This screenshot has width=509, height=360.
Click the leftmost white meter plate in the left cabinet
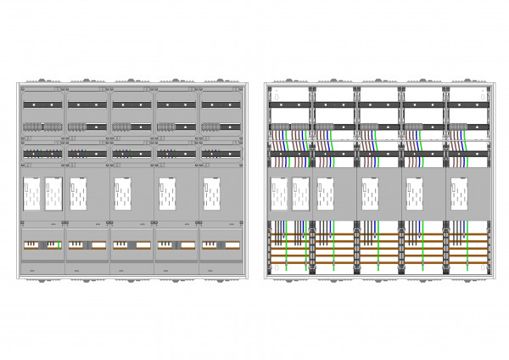click(32, 194)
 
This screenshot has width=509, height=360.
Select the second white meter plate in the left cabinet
click(53, 194)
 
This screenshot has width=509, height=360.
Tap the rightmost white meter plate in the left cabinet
click(211, 194)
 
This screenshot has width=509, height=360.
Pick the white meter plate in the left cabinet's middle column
click(123, 194)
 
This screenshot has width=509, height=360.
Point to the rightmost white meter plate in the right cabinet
click(459, 194)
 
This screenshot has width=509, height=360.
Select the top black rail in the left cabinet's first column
click(42, 104)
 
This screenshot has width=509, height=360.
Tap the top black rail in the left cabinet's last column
click(222, 104)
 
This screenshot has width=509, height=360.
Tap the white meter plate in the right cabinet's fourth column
click(415, 194)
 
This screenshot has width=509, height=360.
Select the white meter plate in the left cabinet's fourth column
click(167, 194)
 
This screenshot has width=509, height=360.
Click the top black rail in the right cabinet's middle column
click(378, 104)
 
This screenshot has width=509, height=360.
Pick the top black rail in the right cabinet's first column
click(289, 104)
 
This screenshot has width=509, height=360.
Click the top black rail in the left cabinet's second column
click(87, 104)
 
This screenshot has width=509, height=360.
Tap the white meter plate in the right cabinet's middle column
click(370, 194)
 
